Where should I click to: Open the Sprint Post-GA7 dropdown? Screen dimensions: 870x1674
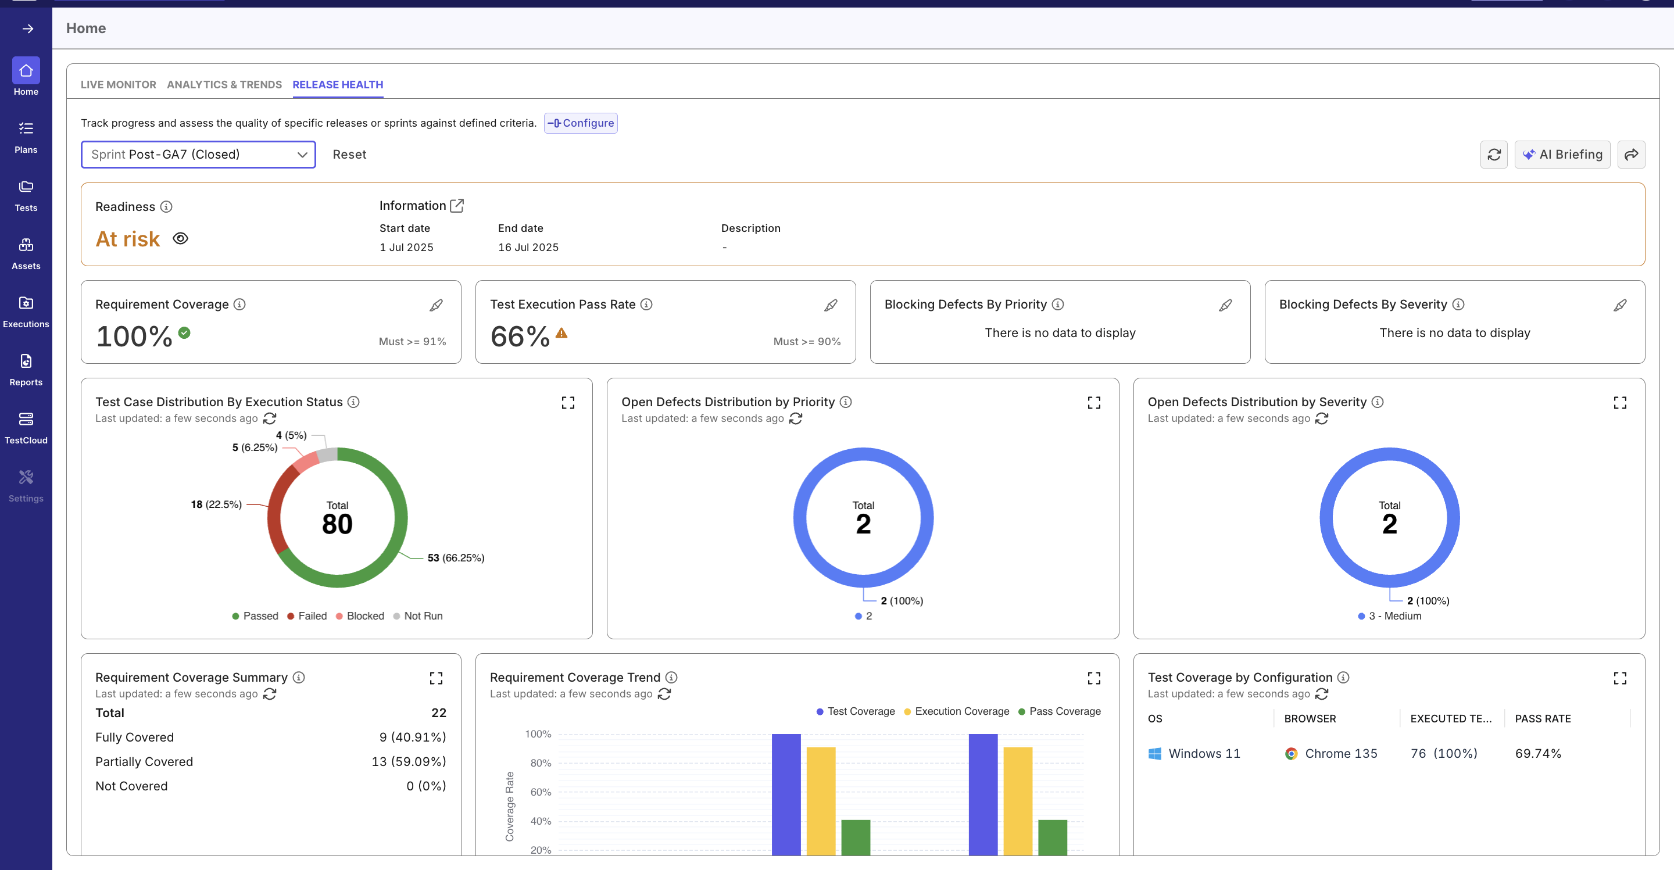pos(198,154)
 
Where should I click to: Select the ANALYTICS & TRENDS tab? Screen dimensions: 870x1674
pos(224,84)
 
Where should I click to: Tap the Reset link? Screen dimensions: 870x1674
pos(349,154)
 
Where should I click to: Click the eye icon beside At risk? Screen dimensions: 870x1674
pos(181,238)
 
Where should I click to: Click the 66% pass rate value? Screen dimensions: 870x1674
pos(520,336)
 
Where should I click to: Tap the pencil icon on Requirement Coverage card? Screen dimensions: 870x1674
pos(436,305)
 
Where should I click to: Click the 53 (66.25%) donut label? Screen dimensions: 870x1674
pos(456,557)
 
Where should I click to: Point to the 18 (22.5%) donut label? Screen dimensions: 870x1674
pos(216,504)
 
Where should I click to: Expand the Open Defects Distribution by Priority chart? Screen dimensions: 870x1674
pos(1094,403)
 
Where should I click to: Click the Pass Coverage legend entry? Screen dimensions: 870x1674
pos(1059,711)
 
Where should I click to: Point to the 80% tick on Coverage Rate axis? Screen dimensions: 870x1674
pos(540,763)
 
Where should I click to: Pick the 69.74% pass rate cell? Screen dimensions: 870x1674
pos(1537,753)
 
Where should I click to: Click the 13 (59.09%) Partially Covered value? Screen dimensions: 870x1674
pos(408,761)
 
